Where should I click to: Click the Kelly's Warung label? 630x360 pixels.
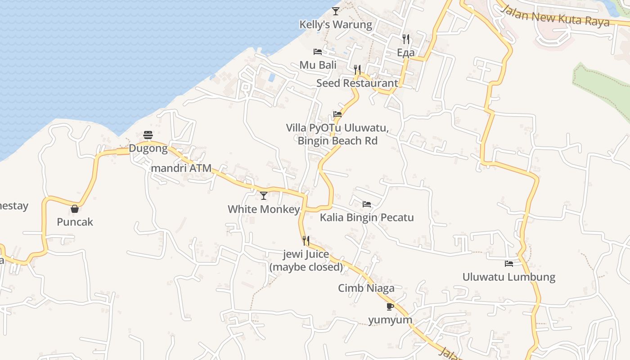point(336,25)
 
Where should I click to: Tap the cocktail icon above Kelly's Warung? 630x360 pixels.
point(336,11)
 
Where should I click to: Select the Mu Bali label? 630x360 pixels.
point(318,65)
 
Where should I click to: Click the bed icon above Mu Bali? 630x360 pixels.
point(318,51)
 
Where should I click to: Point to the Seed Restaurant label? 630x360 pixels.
point(357,83)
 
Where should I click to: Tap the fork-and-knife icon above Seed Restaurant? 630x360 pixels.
point(357,69)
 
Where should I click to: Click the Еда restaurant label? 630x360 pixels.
point(406,53)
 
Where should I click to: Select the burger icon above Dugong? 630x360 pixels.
point(148,135)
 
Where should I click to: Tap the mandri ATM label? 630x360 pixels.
point(182,168)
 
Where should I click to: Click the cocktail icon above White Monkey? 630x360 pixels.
point(264,195)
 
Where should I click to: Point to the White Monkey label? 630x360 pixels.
point(264,209)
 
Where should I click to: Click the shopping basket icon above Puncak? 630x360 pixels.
point(75,208)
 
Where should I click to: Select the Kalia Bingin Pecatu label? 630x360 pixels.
point(367,218)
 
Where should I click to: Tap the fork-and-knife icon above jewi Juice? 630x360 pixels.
point(306,241)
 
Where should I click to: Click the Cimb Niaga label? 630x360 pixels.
point(366,288)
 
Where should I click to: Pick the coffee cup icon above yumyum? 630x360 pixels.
point(390,306)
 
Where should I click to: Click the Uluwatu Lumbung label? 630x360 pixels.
point(509,277)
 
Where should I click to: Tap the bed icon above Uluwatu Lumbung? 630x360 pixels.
point(509,263)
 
